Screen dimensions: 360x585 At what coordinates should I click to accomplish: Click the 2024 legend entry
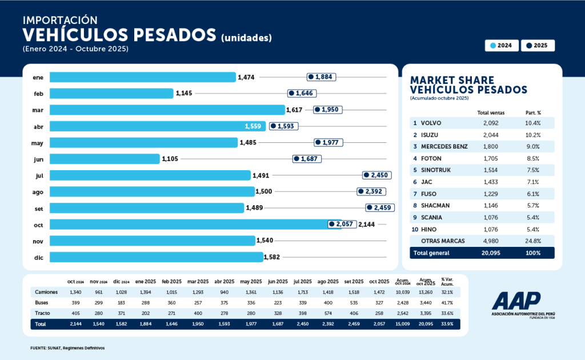point(501,45)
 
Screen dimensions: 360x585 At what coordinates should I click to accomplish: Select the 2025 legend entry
point(538,45)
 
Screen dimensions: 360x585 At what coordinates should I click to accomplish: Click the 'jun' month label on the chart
point(39,159)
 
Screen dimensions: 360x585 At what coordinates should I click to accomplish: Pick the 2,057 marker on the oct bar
point(342,225)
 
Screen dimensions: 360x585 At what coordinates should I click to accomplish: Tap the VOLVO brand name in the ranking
point(431,123)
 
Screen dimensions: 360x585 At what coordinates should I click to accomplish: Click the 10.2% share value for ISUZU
point(533,135)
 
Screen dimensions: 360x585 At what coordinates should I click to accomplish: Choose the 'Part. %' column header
point(533,113)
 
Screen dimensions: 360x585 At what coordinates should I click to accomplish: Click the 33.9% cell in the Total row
point(447,324)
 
